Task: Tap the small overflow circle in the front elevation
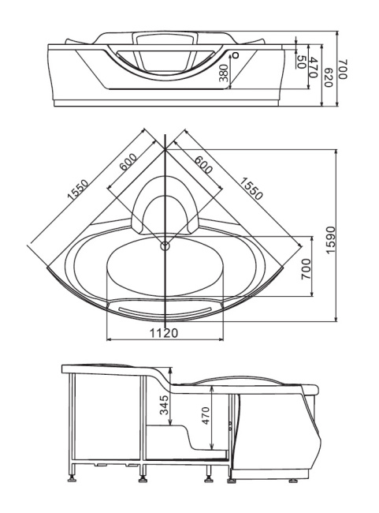[x=235, y=55]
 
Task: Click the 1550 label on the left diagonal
[x=77, y=193]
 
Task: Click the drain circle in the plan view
[x=165, y=245]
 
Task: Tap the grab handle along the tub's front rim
[x=164, y=303]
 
